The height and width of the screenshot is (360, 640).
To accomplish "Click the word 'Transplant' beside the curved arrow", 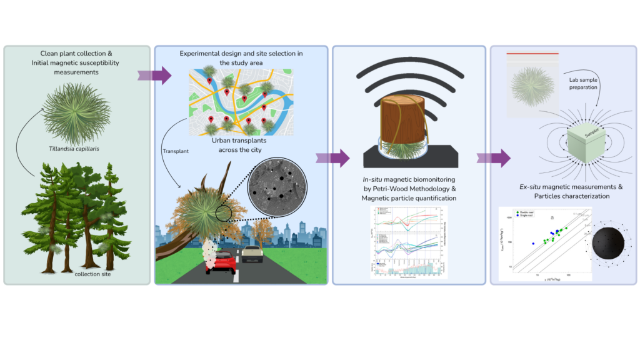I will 177,151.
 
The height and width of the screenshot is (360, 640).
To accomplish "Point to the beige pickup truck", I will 253,253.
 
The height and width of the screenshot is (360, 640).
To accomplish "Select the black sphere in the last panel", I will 610,244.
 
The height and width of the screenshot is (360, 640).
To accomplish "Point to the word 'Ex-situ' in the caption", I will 534,186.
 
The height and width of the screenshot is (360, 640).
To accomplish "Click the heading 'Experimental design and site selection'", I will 241,54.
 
